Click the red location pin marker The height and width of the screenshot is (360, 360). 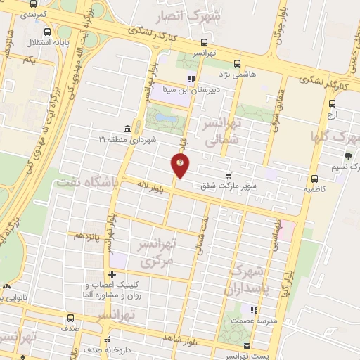click(180, 166)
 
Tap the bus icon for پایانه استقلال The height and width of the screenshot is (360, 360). click(47, 32)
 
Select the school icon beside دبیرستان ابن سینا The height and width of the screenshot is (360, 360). click(191, 79)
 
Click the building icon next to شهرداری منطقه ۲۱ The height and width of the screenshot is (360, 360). click(127, 128)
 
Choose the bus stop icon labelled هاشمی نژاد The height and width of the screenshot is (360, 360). click(237, 62)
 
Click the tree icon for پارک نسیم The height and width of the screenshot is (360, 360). click(347, 156)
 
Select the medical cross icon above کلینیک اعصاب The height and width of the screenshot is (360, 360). click(112, 274)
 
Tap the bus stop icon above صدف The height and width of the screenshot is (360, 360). click(70, 317)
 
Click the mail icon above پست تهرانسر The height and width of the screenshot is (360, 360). click(247, 345)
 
